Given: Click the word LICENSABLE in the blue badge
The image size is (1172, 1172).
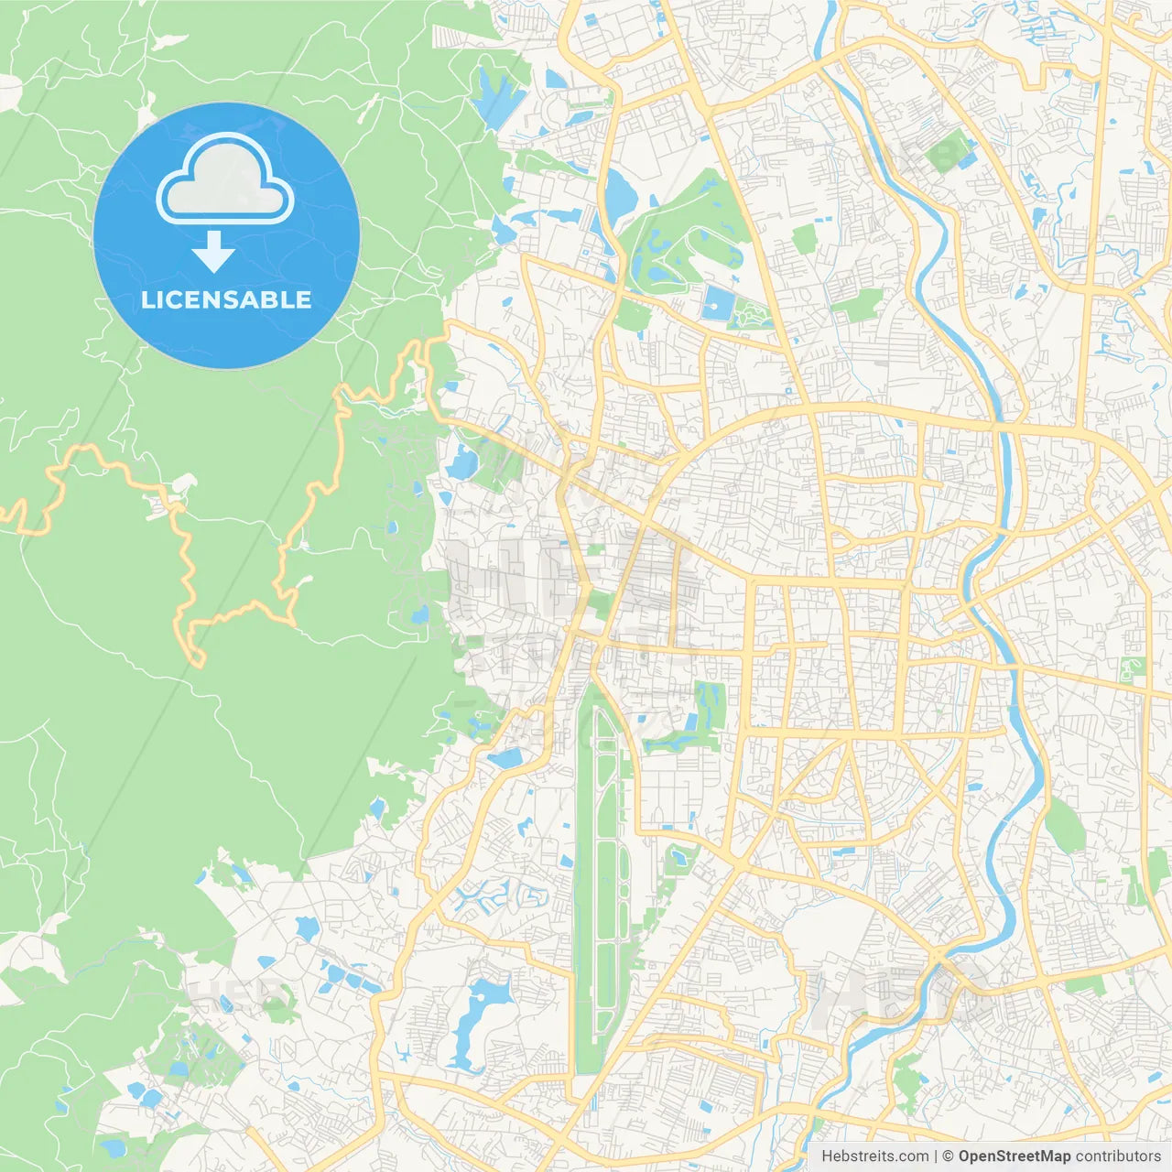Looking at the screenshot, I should pyautogui.click(x=226, y=299).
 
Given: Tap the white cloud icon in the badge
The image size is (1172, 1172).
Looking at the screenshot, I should pyautogui.click(x=225, y=180).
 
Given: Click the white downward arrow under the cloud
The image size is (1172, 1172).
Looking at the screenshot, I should pyautogui.click(x=214, y=252).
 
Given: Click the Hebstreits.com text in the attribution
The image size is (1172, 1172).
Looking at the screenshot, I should pyautogui.click(x=874, y=1156).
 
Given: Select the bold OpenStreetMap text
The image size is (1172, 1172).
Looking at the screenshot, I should pyautogui.click(x=1014, y=1156).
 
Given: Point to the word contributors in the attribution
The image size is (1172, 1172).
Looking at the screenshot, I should pyautogui.click(x=1117, y=1156).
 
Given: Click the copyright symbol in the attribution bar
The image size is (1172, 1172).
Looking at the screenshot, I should pyautogui.click(x=949, y=1156).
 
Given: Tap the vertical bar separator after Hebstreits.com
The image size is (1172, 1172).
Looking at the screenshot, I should pyautogui.click(x=935, y=1156).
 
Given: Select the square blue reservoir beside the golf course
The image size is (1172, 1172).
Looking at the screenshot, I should pyautogui.click(x=715, y=303).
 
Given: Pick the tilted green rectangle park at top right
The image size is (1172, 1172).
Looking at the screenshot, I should pyautogui.click(x=948, y=152).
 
